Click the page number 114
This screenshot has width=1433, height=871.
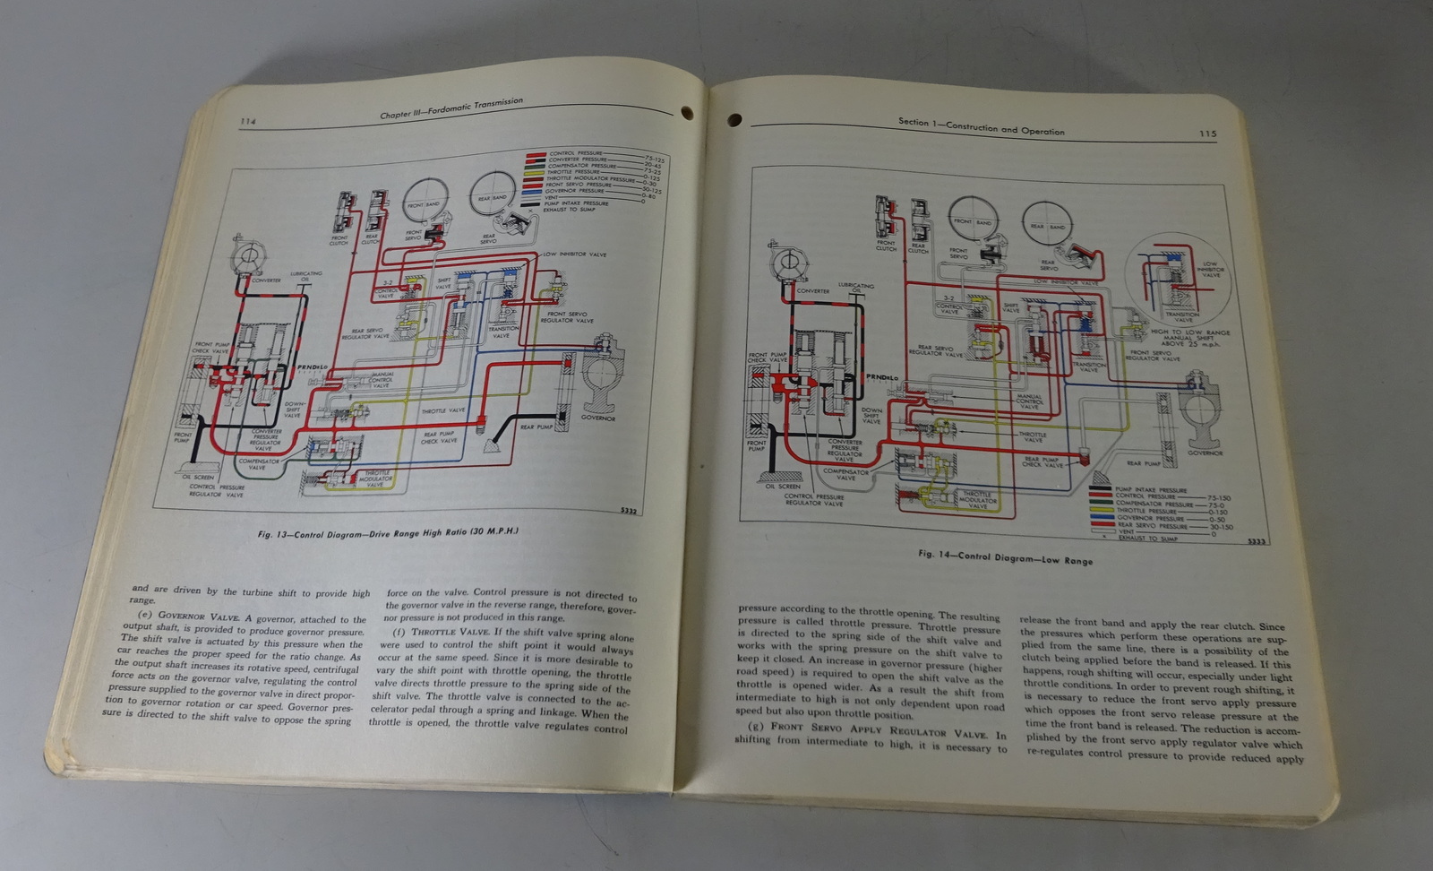coord(248,121)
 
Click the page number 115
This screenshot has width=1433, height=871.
coord(1206,134)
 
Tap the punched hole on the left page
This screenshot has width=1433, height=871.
coord(688,114)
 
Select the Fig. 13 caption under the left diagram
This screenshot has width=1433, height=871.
coord(388,532)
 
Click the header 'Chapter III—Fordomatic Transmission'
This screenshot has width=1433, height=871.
coord(450,108)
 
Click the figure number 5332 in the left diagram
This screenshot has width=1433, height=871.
coord(630,511)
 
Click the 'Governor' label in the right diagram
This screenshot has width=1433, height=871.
coord(1205,453)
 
